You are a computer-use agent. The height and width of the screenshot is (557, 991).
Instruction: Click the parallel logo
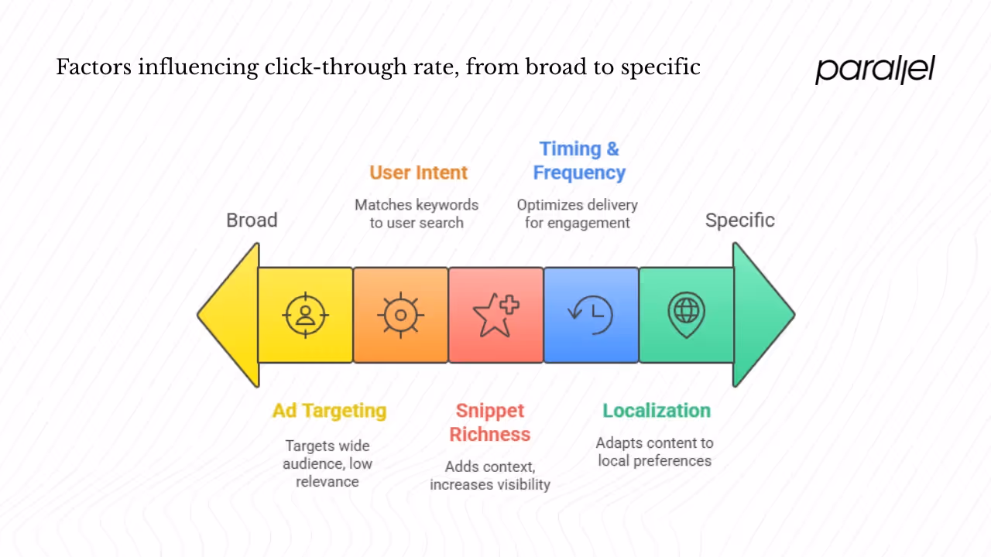coord(875,70)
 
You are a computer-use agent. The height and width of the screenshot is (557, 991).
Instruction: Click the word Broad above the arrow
coord(252,220)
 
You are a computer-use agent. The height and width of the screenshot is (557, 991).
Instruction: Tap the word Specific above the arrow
coord(739,220)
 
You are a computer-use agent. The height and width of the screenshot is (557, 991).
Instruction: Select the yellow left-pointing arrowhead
coord(231,315)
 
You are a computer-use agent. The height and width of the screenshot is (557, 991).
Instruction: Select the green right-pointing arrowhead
coord(760,315)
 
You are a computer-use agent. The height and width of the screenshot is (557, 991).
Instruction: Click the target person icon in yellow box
coord(306,315)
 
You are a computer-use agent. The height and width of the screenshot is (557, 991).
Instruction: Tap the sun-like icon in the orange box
coord(400,315)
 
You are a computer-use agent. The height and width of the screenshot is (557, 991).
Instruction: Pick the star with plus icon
coord(495,315)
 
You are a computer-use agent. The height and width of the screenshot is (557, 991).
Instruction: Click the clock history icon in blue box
coord(591,315)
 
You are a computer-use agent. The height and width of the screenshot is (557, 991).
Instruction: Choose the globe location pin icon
coord(686,315)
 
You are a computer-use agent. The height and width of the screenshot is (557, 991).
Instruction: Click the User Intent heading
coord(418,173)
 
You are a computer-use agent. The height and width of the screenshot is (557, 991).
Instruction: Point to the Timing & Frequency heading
coord(579,161)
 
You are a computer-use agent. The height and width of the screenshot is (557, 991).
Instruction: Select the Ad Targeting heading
coord(329,411)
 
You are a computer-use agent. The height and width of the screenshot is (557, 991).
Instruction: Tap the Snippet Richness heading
coord(490,422)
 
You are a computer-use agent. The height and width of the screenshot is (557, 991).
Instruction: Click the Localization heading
coord(657,411)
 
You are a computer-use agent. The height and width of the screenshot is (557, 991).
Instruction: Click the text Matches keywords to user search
coord(417,214)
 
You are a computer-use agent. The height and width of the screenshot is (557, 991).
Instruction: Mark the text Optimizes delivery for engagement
coord(578,214)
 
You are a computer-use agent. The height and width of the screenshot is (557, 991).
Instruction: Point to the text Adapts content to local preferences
coord(655,452)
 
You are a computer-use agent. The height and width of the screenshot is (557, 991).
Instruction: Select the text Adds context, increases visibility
coord(490,476)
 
